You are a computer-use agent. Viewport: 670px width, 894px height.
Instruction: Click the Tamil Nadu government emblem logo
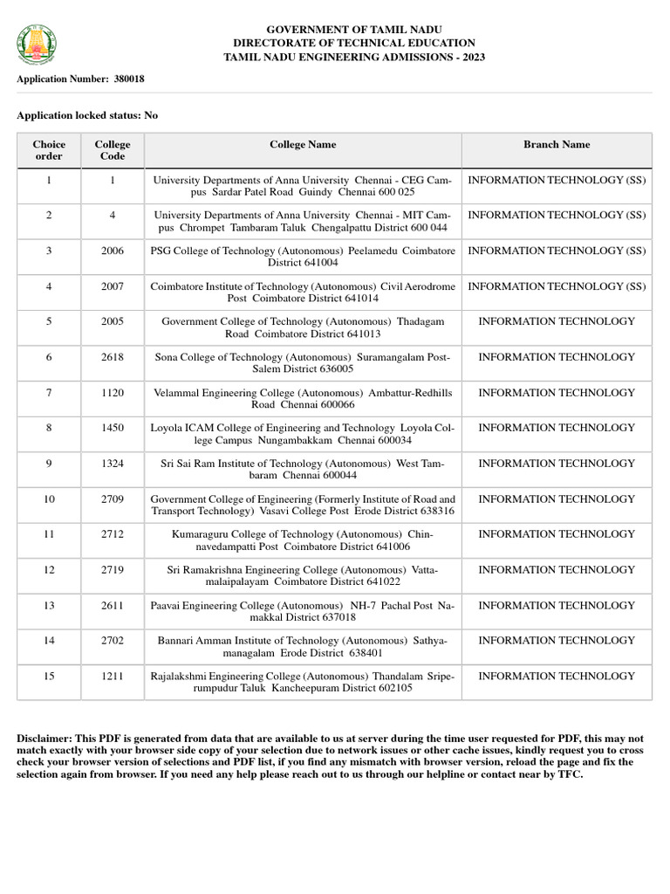[35, 41]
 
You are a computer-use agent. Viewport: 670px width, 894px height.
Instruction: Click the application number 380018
[128, 79]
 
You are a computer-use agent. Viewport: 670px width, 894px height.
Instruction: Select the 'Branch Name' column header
[557, 145]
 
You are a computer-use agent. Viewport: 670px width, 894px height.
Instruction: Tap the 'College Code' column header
[113, 150]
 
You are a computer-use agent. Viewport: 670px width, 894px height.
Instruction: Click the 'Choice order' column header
[49, 150]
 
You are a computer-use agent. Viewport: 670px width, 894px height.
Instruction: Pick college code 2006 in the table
[113, 251]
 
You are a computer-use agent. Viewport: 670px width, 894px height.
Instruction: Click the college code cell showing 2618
[113, 357]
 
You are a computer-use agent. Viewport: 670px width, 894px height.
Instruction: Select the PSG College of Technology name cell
[303, 257]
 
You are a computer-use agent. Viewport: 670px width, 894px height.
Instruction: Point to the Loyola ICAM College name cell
[303, 434]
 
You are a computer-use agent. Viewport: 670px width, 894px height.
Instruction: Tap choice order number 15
[49, 676]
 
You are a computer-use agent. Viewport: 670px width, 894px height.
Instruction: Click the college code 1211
[113, 676]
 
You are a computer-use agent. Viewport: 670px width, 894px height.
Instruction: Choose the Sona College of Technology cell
[303, 363]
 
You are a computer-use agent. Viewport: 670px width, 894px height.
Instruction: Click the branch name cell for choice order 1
[557, 180]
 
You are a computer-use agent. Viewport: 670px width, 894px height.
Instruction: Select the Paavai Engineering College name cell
[303, 611]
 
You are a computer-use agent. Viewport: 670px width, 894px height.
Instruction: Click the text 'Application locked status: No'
[87, 115]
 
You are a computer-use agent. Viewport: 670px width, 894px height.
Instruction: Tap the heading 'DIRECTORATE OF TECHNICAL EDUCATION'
[354, 43]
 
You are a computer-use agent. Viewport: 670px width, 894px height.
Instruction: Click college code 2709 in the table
[113, 499]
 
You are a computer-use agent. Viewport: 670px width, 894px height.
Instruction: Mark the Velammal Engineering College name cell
[303, 399]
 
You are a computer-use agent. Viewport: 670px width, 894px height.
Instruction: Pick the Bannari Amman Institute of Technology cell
[303, 647]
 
